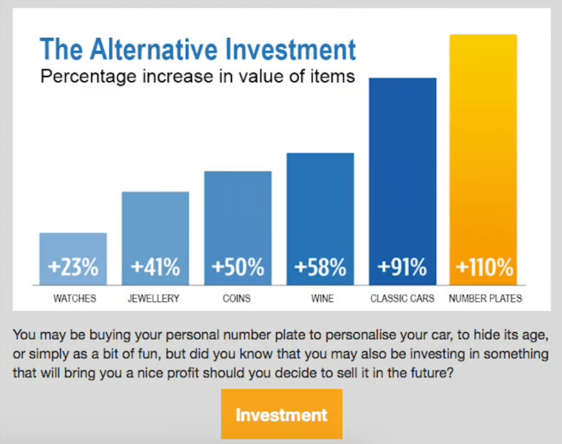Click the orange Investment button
point(282,414)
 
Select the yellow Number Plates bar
point(483,160)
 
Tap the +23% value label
point(73,267)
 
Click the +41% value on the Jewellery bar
point(155,267)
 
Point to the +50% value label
point(238,267)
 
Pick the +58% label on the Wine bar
point(320,267)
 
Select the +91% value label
point(402,267)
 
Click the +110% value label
point(484,267)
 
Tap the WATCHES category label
point(75,298)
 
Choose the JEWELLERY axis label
point(154,298)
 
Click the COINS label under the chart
point(236,298)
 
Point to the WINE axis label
point(323,298)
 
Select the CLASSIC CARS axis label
point(402,298)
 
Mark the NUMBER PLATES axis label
point(485,298)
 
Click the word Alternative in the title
point(154,49)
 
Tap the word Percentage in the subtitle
point(89,77)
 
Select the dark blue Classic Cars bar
point(402,181)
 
